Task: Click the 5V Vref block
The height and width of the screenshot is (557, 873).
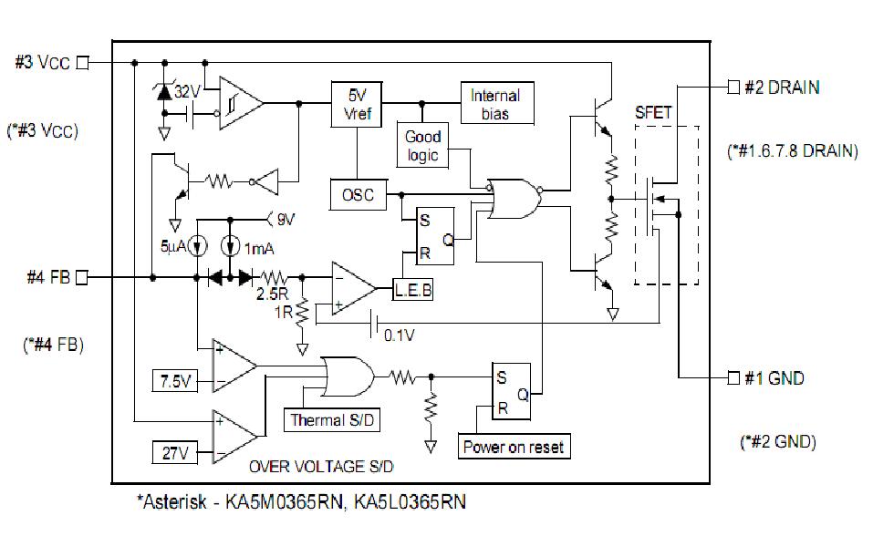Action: tap(356, 102)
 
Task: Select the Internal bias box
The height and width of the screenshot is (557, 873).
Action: tap(495, 104)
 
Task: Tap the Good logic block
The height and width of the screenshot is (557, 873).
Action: tap(422, 146)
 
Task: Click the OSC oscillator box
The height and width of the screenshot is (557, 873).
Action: tap(357, 193)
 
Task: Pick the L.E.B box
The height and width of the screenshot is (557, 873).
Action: tap(413, 291)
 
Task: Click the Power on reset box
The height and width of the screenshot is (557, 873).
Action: tap(514, 447)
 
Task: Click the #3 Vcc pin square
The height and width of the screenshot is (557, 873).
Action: tap(83, 62)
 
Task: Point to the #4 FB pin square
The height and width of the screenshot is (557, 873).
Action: tap(83, 277)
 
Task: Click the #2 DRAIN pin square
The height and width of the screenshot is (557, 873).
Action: tap(733, 88)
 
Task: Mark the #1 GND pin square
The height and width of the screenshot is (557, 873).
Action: tap(733, 377)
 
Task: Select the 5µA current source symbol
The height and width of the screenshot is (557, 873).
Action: tap(197, 246)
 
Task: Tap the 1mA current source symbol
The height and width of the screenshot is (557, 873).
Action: tap(231, 246)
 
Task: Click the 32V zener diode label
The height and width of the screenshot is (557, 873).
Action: tap(187, 91)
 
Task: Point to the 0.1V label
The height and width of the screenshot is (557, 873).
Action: tap(400, 335)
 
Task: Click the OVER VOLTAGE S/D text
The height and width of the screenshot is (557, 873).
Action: tap(321, 466)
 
